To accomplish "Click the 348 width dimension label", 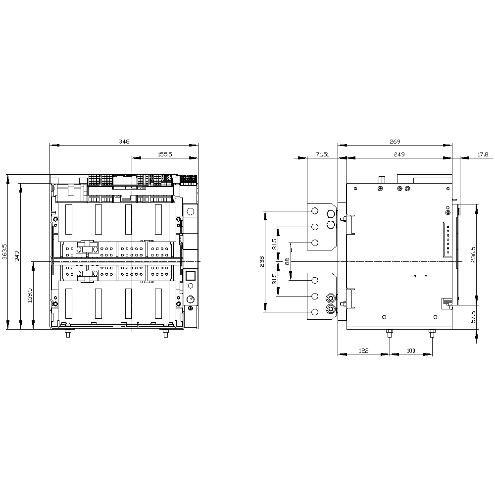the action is pyautogui.click(x=124, y=142).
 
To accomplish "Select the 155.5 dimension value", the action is pyautogui.click(x=165, y=154).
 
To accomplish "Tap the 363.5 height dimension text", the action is pyautogui.click(x=4, y=251).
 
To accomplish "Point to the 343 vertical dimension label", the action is pyautogui.click(x=17, y=256).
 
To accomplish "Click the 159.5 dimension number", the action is pyautogui.click(x=30, y=295).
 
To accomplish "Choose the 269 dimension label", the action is pyautogui.click(x=395, y=142).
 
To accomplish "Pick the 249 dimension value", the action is pyautogui.click(x=399, y=154).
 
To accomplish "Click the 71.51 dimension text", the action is pyautogui.click(x=322, y=154).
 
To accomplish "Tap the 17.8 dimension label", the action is pyautogui.click(x=483, y=154).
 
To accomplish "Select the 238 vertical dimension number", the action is pyautogui.click(x=262, y=261).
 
